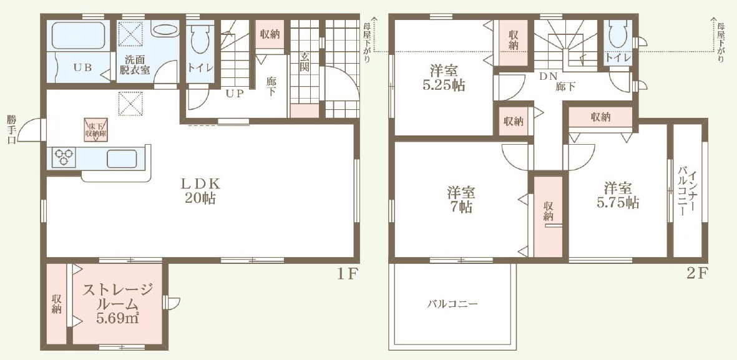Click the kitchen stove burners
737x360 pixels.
[64, 157]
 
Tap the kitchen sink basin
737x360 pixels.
[122, 158]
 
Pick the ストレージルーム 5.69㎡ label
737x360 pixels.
[117, 304]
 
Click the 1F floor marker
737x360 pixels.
[348, 274]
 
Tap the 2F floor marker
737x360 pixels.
[696, 274]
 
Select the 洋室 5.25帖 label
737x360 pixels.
[444, 79]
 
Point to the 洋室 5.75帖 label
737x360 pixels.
[618, 195]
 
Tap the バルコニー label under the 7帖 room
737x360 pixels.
[452, 304]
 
